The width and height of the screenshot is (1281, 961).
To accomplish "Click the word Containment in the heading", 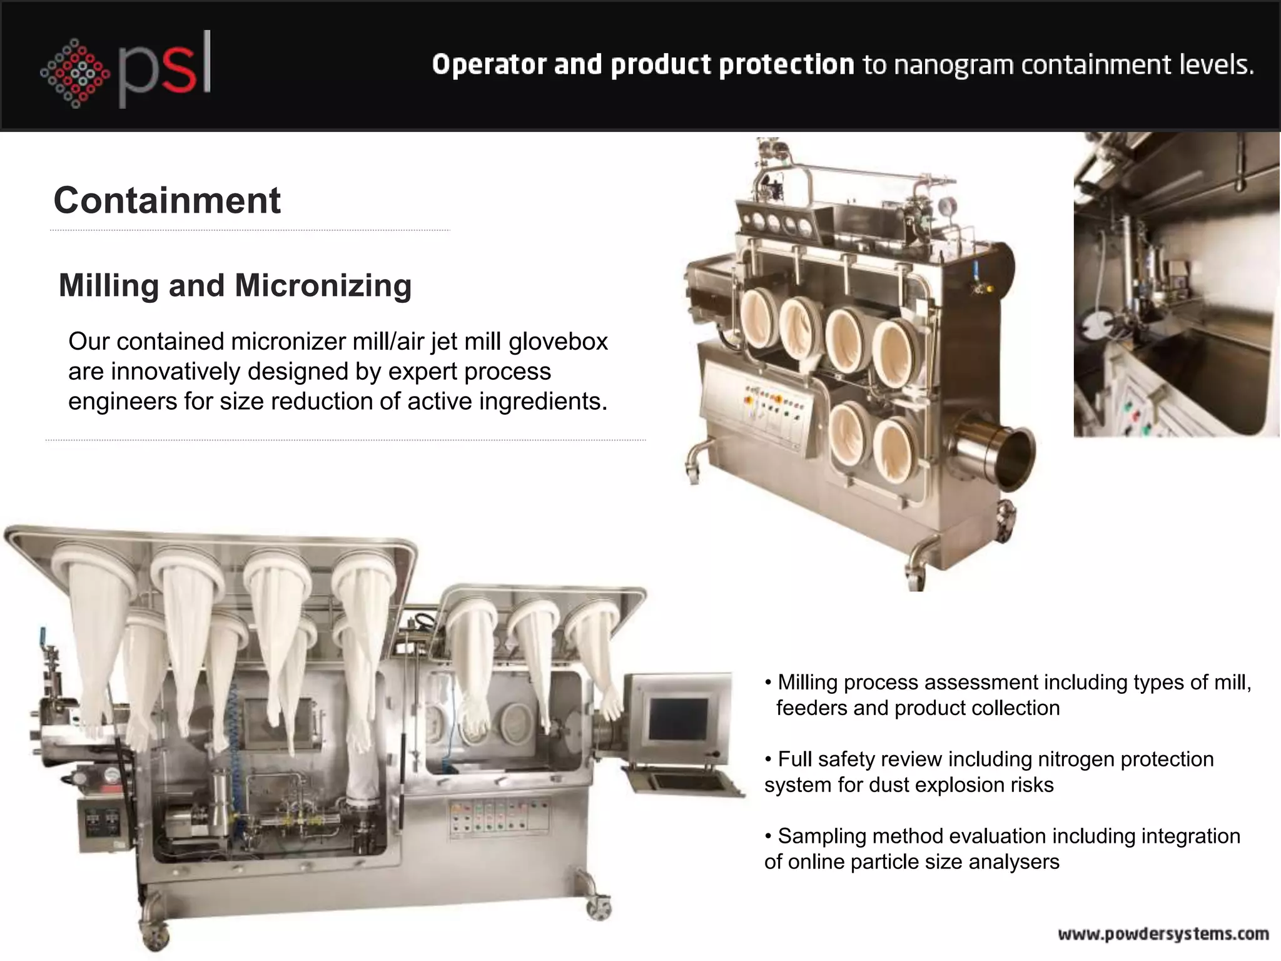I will pos(167,200).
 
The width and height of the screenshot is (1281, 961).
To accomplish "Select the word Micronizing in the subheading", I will pos(323,285).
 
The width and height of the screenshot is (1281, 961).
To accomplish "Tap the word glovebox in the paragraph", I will pos(558,342).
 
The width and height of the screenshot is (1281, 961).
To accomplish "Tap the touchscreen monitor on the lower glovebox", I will pos(678,718).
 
